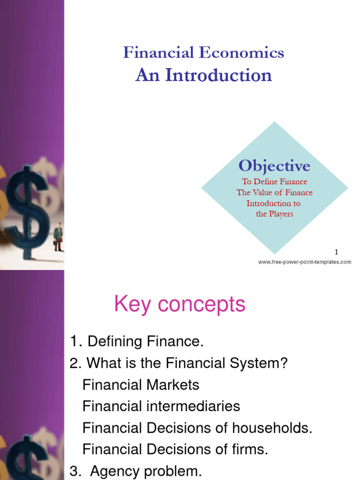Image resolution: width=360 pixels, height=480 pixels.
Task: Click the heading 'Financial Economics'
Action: (x=203, y=52)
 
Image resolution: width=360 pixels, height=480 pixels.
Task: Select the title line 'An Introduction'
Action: (x=203, y=75)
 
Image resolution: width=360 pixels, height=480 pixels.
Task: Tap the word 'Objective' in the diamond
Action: (x=274, y=165)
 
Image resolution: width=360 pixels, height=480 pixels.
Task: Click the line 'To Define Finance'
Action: (x=274, y=182)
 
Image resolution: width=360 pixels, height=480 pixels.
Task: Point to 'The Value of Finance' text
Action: (x=274, y=192)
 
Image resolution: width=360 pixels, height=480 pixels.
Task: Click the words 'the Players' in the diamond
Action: (x=274, y=214)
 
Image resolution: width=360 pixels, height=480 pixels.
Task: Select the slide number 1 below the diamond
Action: (x=336, y=252)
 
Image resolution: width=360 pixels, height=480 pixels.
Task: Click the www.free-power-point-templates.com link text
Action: (x=304, y=262)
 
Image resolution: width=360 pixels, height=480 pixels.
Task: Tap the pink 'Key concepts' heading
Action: (x=180, y=305)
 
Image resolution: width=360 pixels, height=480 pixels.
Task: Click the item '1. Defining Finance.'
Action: (x=136, y=342)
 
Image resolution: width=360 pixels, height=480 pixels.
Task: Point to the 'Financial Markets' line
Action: (x=141, y=385)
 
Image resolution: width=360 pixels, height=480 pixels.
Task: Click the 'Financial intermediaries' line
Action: (x=161, y=406)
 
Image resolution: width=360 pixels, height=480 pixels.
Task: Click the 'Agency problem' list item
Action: (x=146, y=471)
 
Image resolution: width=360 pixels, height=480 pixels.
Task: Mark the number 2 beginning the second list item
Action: (x=73, y=363)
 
